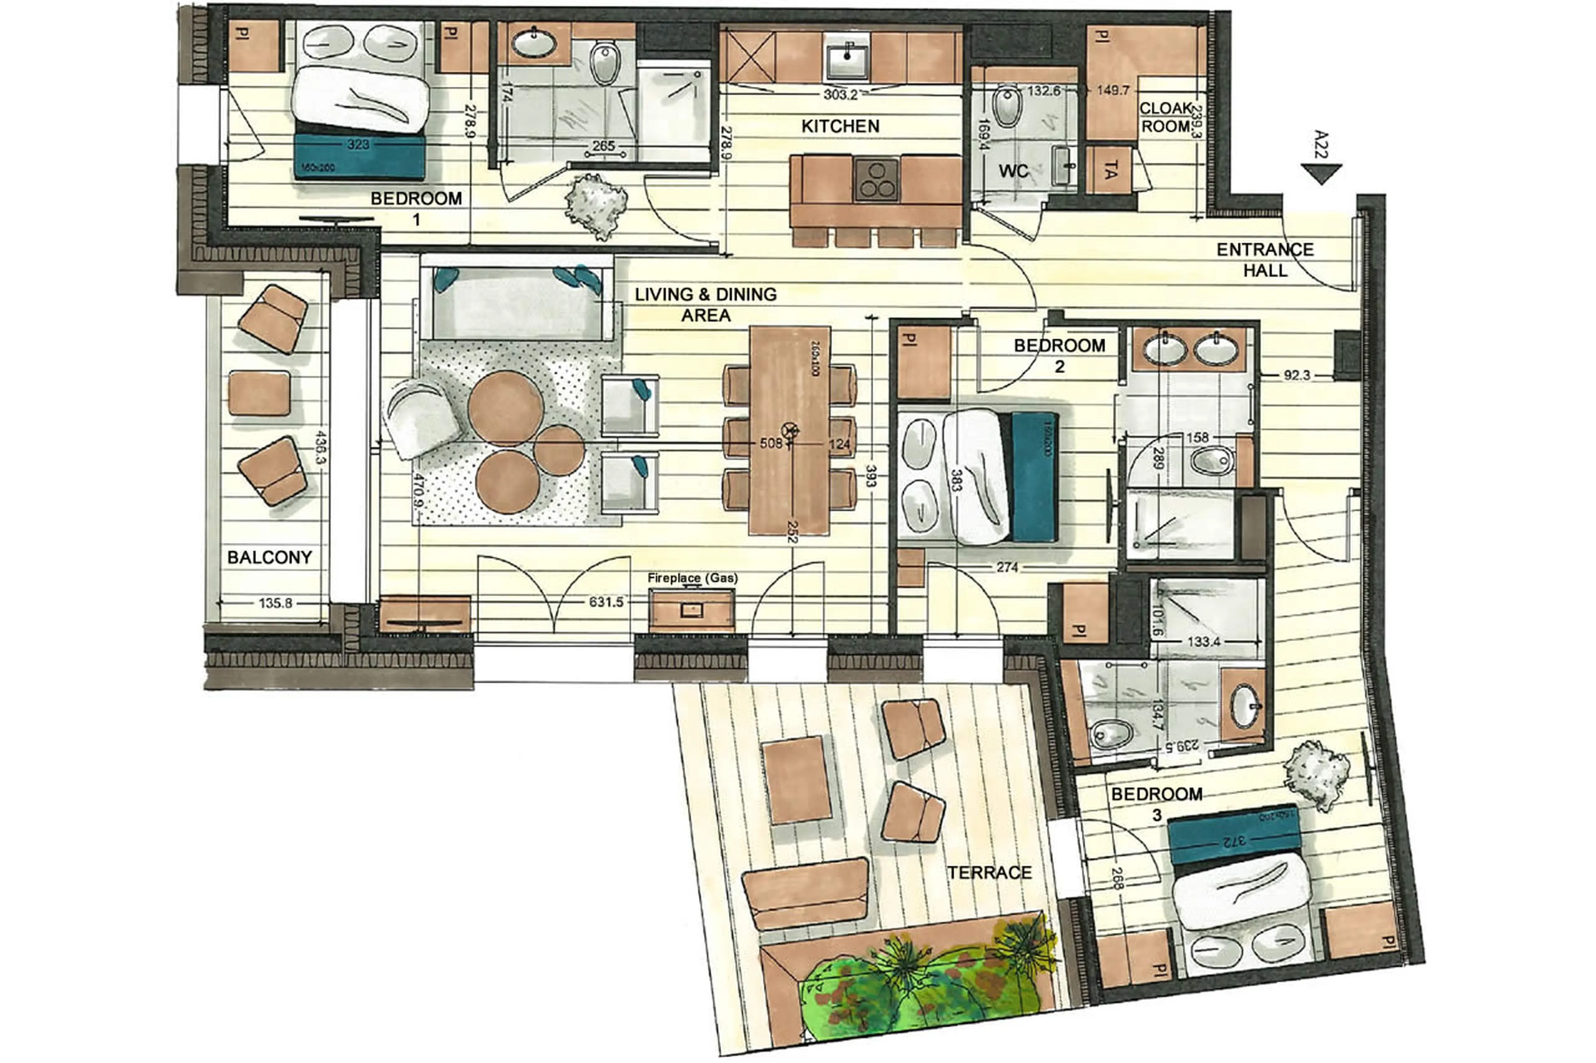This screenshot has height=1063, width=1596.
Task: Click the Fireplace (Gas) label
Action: tap(692, 578)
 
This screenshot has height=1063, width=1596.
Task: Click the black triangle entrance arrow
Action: tap(1320, 174)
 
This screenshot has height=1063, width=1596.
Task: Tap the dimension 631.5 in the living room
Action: tap(606, 602)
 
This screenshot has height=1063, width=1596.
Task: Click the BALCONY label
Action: tap(269, 557)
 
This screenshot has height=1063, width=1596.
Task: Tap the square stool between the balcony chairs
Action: tap(259, 393)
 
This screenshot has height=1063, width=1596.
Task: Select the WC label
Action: tap(1013, 171)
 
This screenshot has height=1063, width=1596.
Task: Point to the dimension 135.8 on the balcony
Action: tap(275, 603)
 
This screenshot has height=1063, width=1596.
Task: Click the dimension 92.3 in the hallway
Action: tap(1296, 375)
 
